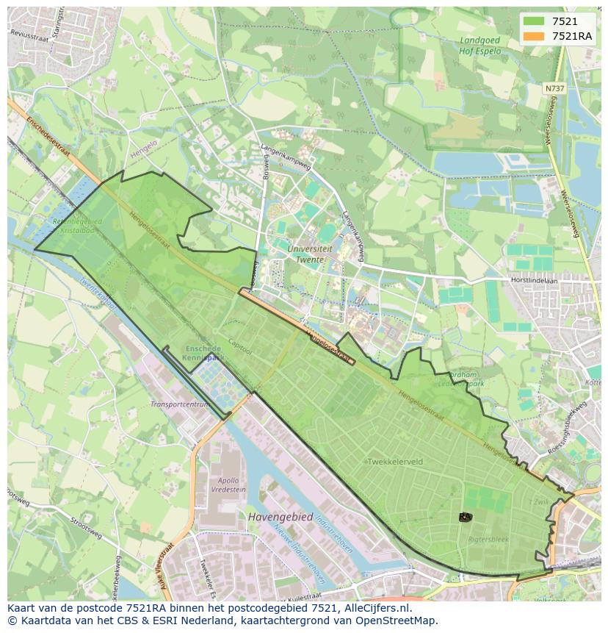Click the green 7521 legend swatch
pyautogui.click(x=534, y=22)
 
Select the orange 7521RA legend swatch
pyautogui.click(x=534, y=36)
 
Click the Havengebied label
pyautogui.click(x=280, y=517)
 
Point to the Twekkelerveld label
pyautogui.click(x=395, y=462)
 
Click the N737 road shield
pyautogui.click(x=554, y=88)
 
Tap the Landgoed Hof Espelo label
pyautogui.click(x=480, y=46)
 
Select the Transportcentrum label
pyautogui.click(x=179, y=404)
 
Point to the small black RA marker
pyautogui.click(x=465, y=518)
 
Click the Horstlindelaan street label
pyautogui.click(x=535, y=280)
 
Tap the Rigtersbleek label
pyautogui.click(x=488, y=539)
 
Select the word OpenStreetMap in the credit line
pyautogui.click(x=397, y=621)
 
